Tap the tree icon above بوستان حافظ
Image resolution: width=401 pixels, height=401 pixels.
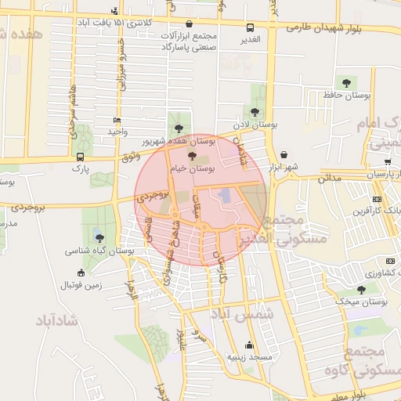tap(344, 82)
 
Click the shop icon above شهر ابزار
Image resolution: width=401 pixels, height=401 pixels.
tap(283, 155)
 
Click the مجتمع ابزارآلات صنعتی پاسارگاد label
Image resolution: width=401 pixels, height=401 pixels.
tap(192, 42)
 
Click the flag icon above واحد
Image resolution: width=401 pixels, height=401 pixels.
tap(117, 121)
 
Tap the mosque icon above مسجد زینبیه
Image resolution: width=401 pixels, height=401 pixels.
tap(249, 344)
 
